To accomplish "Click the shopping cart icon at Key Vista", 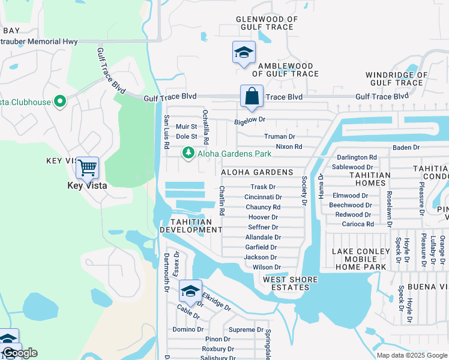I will (x=88, y=168).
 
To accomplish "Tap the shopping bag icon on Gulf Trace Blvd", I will (x=252, y=96).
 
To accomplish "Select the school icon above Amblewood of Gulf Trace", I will (x=244, y=53).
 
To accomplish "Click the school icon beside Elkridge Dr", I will (x=190, y=291).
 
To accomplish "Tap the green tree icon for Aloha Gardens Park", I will (x=188, y=154).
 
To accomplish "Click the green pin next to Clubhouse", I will (x=59, y=101).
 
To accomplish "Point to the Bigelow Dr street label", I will (x=249, y=121).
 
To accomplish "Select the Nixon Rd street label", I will (x=289, y=146).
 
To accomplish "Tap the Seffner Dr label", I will (x=263, y=227).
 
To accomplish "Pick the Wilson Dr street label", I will (x=267, y=267).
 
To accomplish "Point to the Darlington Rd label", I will (x=357, y=157).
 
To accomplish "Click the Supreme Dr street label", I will (x=246, y=330).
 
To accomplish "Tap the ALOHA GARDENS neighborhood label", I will (x=257, y=172).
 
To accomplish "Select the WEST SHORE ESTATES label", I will (x=286, y=283).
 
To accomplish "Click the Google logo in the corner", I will (x=20, y=353).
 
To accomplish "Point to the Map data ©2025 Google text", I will (x=411, y=355).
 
